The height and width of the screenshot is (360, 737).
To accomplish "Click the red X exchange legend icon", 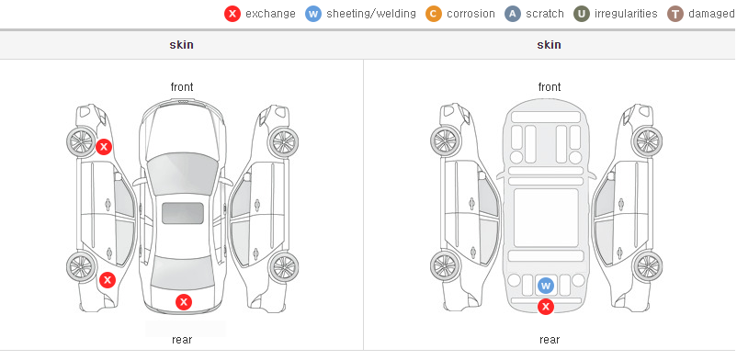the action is point(232,14).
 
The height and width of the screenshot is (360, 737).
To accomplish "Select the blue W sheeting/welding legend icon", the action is point(313,14).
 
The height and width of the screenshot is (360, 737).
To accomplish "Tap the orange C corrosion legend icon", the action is point(434,14).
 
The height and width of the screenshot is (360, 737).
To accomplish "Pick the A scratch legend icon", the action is point(513,14).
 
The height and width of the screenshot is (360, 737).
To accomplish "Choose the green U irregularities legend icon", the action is point(582,14).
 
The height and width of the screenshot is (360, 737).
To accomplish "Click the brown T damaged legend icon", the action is point(675,14).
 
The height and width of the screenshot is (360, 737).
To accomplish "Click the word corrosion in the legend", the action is point(471,14).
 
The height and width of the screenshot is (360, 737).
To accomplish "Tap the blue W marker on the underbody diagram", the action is point(545,286).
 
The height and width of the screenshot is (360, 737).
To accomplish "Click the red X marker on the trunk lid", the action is point(184,302).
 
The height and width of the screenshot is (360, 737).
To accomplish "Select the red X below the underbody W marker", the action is point(546,307).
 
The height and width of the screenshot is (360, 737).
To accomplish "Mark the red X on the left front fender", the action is point(104,147).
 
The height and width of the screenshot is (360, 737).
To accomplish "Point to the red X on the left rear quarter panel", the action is point(108,281).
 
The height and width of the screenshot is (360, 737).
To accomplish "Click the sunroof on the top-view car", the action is point(183,213).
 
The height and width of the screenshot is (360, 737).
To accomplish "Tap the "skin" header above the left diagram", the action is point(181,45).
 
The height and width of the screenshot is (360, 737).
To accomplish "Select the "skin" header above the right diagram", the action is point(549,45).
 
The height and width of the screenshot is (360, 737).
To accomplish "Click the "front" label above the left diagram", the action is point(182,87).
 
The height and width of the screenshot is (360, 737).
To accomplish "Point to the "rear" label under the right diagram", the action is point(550,339).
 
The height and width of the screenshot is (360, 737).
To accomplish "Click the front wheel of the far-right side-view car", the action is point(647,141).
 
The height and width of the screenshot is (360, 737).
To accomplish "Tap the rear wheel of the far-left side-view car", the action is point(82,266).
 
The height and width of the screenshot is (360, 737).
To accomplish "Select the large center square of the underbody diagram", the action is point(546,218).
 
